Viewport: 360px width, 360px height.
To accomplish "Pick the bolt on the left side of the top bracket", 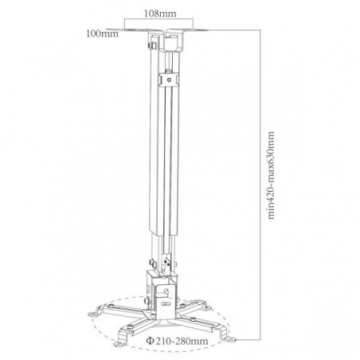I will pos(148,45).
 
